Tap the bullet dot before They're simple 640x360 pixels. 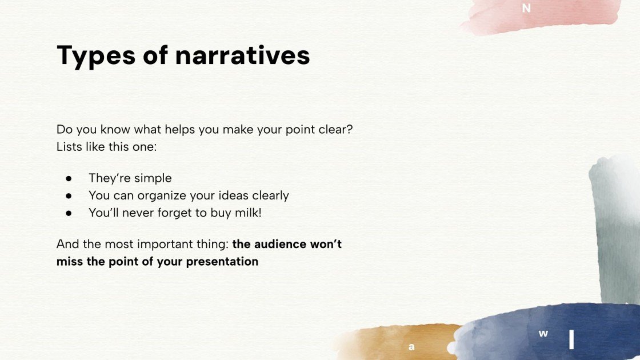(x=69, y=178)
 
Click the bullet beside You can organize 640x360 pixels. (x=69, y=196)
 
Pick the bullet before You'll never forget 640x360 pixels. (x=69, y=213)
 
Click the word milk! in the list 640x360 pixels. (x=248, y=213)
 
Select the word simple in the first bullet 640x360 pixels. (x=153, y=178)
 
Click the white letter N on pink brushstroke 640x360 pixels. (x=526, y=8)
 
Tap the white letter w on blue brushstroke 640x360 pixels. (x=543, y=334)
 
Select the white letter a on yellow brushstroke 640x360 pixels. (x=411, y=347)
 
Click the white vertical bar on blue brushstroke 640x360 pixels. (x=571, y=339)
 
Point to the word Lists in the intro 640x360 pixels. (x=69, y=146)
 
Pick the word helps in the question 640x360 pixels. (x=179, y=129)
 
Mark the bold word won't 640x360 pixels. (x=326, y=244)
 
